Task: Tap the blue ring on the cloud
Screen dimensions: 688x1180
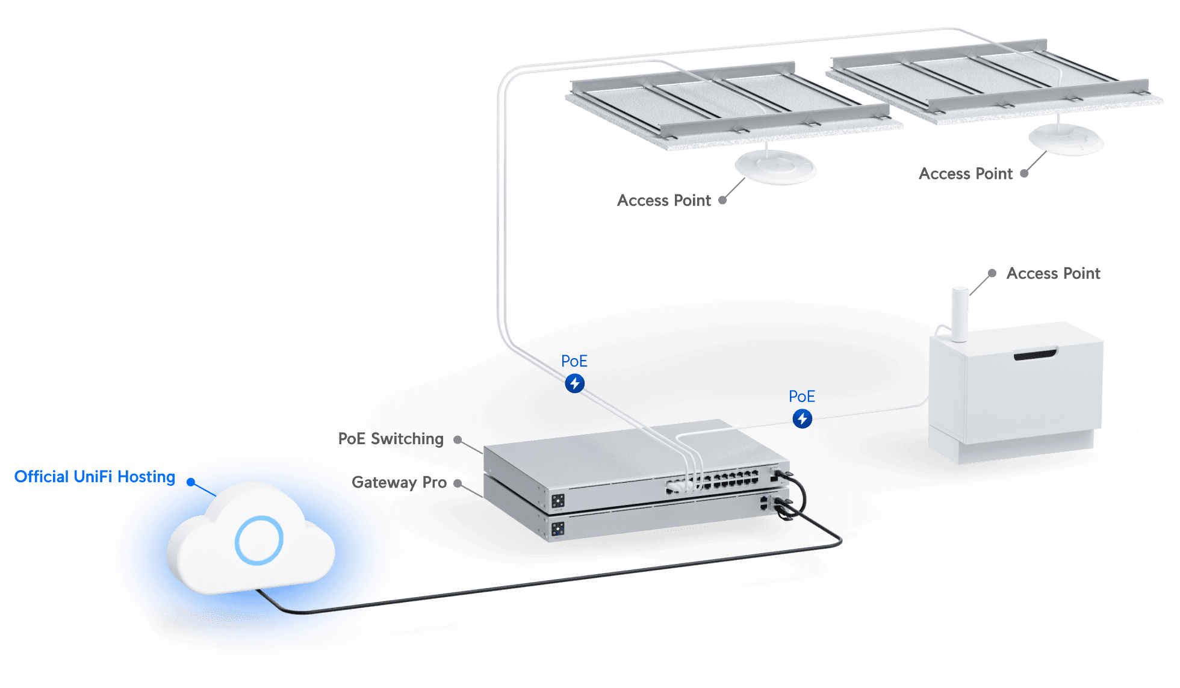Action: click(x=259, y=540)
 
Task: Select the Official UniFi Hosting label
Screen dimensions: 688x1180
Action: click(x=95, y=477)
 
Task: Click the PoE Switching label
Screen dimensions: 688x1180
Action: click(x=391, y=439)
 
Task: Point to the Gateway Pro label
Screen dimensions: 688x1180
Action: click(x=399, y=482)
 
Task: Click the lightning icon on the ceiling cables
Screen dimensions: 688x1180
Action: click(x=575, y=383)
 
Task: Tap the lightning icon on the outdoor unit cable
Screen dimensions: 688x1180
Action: click(x=802, y=418)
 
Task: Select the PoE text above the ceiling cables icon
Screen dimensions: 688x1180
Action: click(x=574, y=361)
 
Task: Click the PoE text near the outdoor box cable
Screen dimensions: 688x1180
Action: click(x=802, y=396)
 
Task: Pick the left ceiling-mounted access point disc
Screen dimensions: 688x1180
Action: click(x=775, y=167)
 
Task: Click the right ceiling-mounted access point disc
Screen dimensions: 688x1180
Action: click(x=1066, y=139)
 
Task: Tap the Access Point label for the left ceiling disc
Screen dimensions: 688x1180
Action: click(x=664, y=200)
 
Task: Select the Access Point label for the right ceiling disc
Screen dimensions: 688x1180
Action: click(x=966, y=174)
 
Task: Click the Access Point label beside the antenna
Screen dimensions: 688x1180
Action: click(x=1053, y=274)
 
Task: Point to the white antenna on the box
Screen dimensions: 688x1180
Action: click(x=959, y=313)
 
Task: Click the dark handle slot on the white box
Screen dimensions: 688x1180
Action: click(x=1035, y=355)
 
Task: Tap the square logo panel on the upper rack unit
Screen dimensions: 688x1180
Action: click(x=557, y=501)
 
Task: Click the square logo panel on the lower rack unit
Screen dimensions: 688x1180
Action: click(x=557, y=529)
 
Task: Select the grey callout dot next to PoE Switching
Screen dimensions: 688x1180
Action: click(x=458, y=440)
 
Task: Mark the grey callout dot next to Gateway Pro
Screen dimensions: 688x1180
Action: click(x=458, y=483)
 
